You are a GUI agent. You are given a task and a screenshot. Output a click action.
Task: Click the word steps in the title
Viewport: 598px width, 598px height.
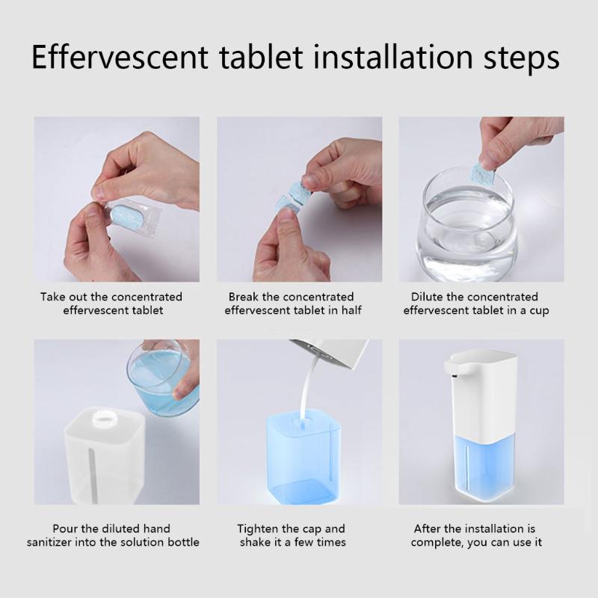tap(521, 60)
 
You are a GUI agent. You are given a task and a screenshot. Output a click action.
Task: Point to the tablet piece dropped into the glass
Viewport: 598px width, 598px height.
tap(482, 174)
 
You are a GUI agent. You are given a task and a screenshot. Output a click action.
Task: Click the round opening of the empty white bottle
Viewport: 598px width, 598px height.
tap(104, 418)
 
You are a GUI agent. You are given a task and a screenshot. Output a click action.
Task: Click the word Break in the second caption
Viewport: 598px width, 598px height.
tap(244, 297)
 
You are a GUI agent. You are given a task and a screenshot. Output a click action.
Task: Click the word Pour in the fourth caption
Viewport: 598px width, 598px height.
tap(65, 528)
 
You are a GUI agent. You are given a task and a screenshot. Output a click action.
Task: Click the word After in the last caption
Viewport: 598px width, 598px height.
tap(427, 528)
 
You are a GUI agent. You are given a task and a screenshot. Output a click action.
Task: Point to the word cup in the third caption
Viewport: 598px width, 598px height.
tap(539, 311)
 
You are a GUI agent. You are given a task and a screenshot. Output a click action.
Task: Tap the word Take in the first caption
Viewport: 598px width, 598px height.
tap(52, 297)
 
